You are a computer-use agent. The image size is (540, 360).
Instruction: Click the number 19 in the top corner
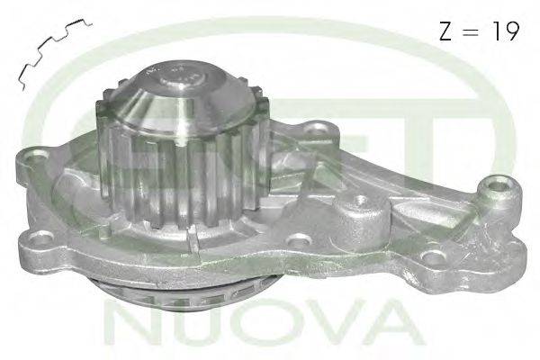point(506,31)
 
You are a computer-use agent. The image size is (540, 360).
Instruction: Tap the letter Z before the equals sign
point(445,31)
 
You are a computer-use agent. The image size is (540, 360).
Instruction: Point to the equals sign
point(471,32)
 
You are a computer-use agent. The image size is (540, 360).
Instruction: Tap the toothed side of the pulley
point(183,179)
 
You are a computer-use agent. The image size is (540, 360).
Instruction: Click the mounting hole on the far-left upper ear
point(35,154)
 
